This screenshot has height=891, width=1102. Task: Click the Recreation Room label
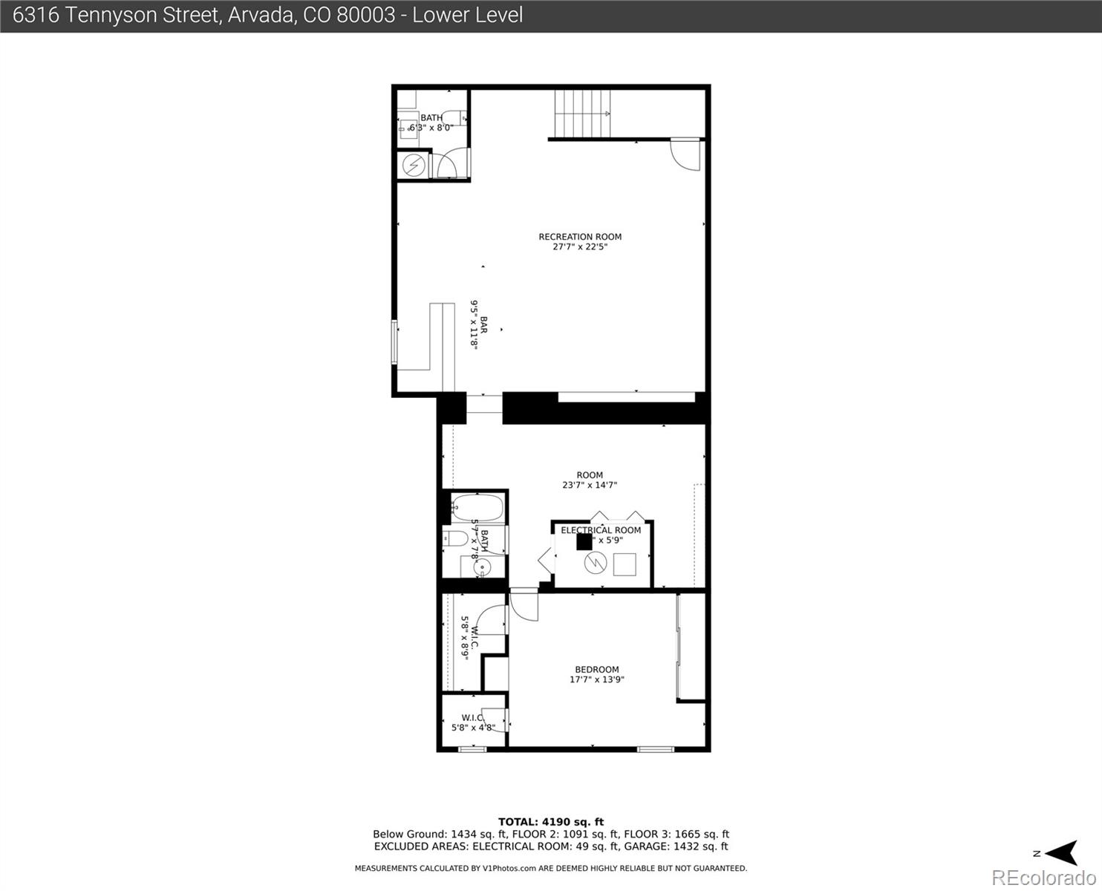(x=580, y=241)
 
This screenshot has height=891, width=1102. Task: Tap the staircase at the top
(x=583, y=113)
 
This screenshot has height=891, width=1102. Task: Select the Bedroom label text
(x=596, y=674)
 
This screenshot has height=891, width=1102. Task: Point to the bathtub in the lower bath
(x=477, y=508)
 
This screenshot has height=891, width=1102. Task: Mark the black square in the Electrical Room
(x=584, y=541)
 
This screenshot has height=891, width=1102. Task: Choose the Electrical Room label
(x=601, y=530)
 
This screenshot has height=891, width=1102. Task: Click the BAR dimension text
(x=477, y=324)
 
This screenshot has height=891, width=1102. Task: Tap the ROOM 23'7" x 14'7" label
(x=590, y=480)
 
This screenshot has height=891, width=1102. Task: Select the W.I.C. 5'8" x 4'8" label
(x=472, y=722)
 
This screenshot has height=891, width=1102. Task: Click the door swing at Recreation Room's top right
(x=684, y=154)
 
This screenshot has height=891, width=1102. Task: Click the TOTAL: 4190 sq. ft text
(x=550, y=822)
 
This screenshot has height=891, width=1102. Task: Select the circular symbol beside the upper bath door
(x=413, y=165)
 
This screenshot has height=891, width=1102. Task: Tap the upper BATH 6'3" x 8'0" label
(x=431, y=123)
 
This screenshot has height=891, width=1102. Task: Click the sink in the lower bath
(x=480, y=569)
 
